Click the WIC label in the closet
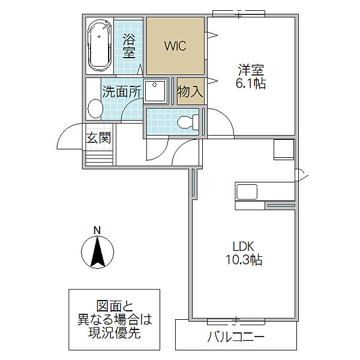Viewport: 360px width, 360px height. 175,46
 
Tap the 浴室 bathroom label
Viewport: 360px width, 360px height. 129,46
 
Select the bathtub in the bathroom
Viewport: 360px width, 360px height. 100,45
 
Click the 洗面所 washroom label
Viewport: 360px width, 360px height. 121,92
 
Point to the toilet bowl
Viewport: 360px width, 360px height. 188,121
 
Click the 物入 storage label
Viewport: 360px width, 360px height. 190,91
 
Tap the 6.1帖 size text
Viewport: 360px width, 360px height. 250,83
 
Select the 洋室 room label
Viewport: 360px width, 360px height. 251,70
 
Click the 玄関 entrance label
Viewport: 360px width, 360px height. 98,137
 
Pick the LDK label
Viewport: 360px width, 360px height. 244,247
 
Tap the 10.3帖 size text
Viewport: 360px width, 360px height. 244,260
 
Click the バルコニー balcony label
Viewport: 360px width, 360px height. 236,337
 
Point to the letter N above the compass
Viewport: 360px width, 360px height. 97,230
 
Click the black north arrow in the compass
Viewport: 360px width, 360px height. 98,252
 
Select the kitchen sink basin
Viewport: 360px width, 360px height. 247,192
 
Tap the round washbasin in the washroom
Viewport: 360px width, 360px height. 95,109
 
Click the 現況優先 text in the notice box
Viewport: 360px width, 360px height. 115,332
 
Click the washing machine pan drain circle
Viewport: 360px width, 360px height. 155,85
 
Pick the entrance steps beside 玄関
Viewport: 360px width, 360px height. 99,158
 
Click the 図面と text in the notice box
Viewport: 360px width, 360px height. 115,306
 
